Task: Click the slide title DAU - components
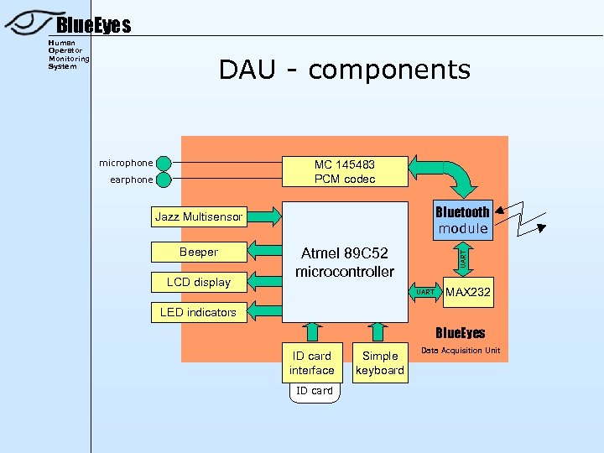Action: point(344,70)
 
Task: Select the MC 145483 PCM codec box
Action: point(345,172)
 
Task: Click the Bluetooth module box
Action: point(462,220)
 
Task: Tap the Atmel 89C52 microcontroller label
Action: point(345,262)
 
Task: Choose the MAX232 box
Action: point(469,292)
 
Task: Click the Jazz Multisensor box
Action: point(199,217)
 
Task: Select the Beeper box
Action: point(199,252)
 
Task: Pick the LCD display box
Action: point(199,282)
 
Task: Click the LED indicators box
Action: point(199,312)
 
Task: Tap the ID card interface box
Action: point(311,363)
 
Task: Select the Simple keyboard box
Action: point(380,363)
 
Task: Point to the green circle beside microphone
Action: point(164,164)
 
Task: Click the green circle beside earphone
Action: point(164,180)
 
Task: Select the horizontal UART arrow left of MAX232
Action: point(427,292)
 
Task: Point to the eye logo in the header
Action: point(29,23)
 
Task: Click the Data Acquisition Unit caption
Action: point(461,351)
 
